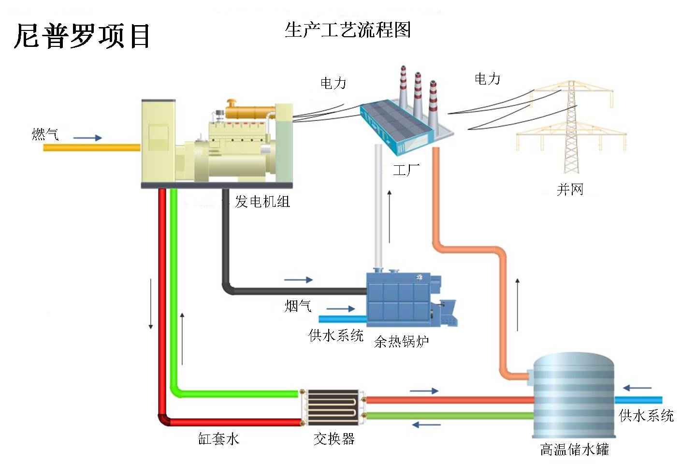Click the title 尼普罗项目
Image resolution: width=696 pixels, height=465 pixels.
click(82, 36)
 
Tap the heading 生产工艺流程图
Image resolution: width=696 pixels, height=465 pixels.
click(348, 30)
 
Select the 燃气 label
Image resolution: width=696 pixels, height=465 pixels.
click(45, 134)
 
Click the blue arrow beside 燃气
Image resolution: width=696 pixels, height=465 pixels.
click(87, 138)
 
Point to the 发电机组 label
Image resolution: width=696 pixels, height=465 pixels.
click(262, 202)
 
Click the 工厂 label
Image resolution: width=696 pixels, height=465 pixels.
click(406, 170)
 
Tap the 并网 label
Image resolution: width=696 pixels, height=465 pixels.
click(570, 189)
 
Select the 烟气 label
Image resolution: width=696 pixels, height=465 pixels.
click(298, 305)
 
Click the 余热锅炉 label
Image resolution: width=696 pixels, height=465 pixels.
click(401, 342)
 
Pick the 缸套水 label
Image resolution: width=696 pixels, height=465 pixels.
click(218, 438)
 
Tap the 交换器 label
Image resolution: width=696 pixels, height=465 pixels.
click(334, 438)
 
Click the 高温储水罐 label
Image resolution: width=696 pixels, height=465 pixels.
click(574, 450)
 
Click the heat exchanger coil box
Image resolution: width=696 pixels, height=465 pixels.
click(333, 407)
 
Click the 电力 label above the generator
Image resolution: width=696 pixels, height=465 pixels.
click(333, 83)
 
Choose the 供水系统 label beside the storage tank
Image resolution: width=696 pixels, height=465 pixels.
click(646, 416)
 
